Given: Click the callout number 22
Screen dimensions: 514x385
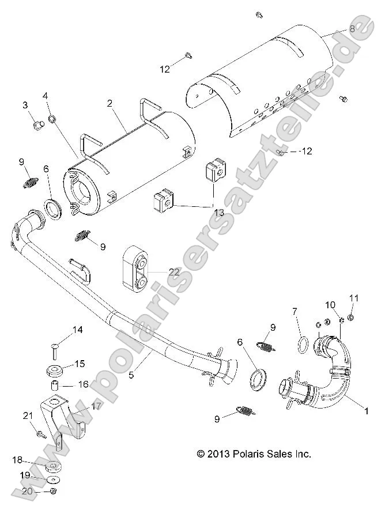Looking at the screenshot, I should coord(174,271).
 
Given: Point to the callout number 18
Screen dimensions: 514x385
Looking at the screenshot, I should coord(17,460).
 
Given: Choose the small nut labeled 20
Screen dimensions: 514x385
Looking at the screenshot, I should coord(52,491).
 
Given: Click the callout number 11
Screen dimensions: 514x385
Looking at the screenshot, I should coord(354,298).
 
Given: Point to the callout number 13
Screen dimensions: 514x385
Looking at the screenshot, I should coord(218,212).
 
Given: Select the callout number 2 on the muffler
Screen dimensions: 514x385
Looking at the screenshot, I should coord(108,104).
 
